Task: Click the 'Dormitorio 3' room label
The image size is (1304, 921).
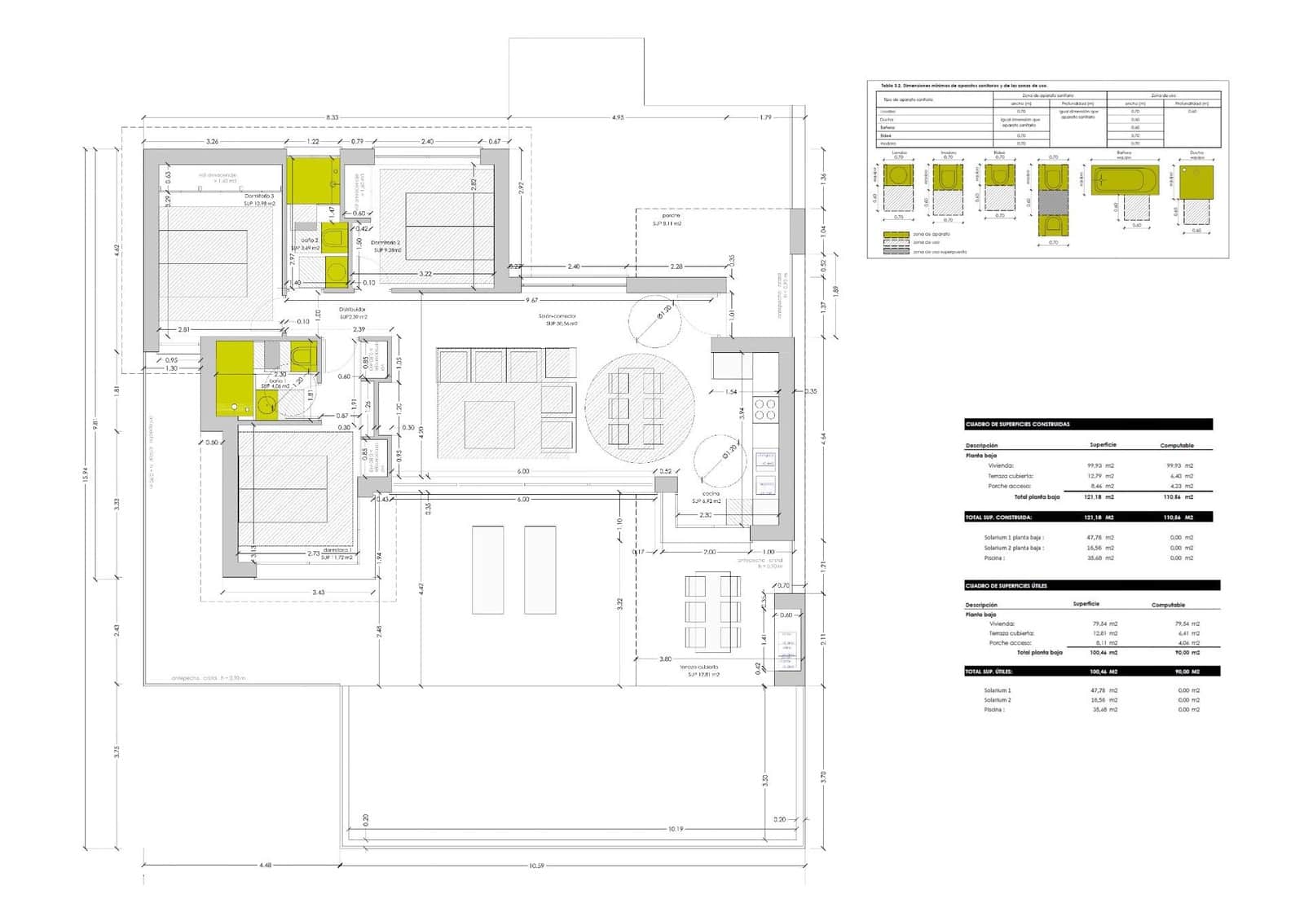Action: [x=259, y=196]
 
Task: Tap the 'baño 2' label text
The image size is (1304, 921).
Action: [x=310, y=240]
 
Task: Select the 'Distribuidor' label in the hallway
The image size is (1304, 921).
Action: [x=353, y=310]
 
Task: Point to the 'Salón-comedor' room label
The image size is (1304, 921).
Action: [x=557, y=315]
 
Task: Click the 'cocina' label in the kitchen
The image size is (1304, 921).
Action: [x=711, y=494]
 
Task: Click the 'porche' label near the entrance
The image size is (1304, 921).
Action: [x=671, y=216]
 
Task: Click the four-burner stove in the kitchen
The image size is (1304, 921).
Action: [x=765, y=409]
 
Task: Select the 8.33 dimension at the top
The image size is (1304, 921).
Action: [x=332, y=117]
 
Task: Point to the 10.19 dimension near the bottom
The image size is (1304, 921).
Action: [x=675, y=829]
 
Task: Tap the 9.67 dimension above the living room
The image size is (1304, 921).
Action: [x=531, y=300]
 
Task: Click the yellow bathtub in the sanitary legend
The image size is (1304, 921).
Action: [x=1125, y=180]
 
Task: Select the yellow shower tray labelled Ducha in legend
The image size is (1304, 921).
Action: [x=1196, y=182]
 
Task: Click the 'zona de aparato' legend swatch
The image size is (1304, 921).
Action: [x=896, y=234]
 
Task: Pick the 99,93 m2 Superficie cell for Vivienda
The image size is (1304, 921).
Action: [x=1100, y=465]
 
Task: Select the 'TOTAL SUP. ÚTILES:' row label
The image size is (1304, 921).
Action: [x=988, y=672]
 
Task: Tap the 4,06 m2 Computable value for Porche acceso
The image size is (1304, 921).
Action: [x=1189, y=643]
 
